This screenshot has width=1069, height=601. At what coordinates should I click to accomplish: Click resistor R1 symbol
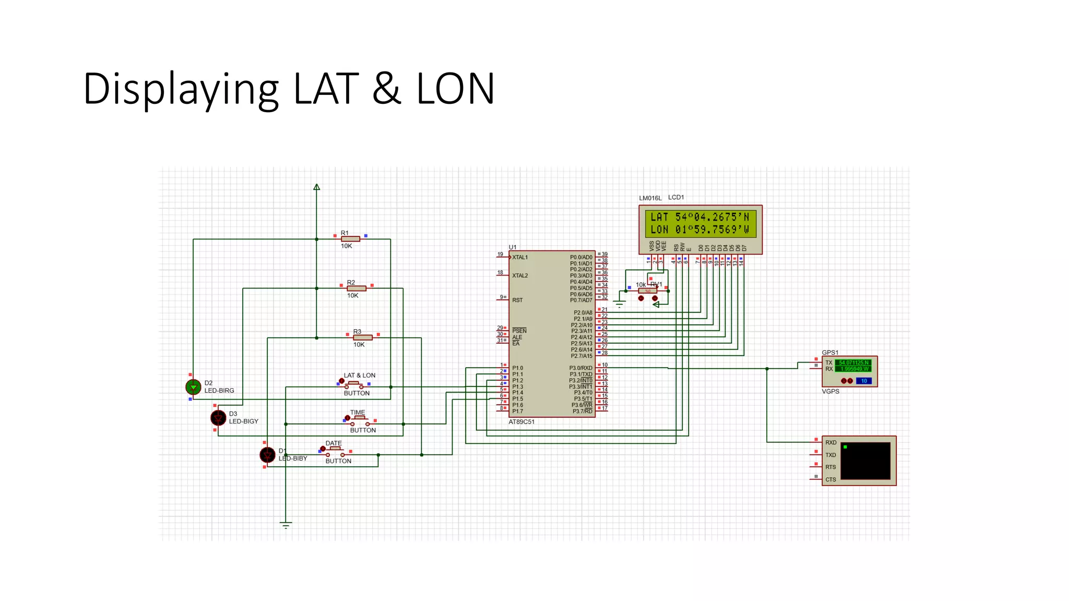pos(350,239)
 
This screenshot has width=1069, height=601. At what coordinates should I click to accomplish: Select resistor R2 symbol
pos(357,289)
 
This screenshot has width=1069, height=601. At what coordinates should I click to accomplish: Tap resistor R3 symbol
pos(362,338)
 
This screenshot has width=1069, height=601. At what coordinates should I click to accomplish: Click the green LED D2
pos(193,387)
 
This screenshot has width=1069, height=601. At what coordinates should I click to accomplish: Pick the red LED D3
pos(218,418)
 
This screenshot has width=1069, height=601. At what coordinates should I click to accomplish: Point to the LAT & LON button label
pos(359,375)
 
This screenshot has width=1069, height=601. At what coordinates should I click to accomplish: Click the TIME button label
pos(358,412)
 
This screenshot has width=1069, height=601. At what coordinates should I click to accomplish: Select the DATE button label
pos(334,443)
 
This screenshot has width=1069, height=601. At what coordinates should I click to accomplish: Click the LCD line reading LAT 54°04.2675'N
pos(699,217)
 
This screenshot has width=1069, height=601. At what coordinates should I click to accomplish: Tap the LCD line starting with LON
pos(699,230)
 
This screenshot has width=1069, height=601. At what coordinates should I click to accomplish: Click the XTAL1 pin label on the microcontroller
pos(520,257)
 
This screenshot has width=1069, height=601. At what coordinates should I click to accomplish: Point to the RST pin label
pos(517,300)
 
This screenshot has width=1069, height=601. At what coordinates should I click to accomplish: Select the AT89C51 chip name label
pos(521,422)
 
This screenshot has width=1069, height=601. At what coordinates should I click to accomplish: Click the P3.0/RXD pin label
pos(580,368)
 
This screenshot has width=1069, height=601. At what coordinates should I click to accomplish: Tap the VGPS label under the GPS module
pos(830,391)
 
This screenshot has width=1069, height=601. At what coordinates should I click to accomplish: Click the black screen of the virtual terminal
pos(865,461)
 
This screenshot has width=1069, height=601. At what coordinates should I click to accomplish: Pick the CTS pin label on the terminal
pos(830,479)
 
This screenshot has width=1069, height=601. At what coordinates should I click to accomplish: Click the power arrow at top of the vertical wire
pos(316,187)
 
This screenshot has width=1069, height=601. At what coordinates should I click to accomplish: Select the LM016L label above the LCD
pos(650,198)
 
